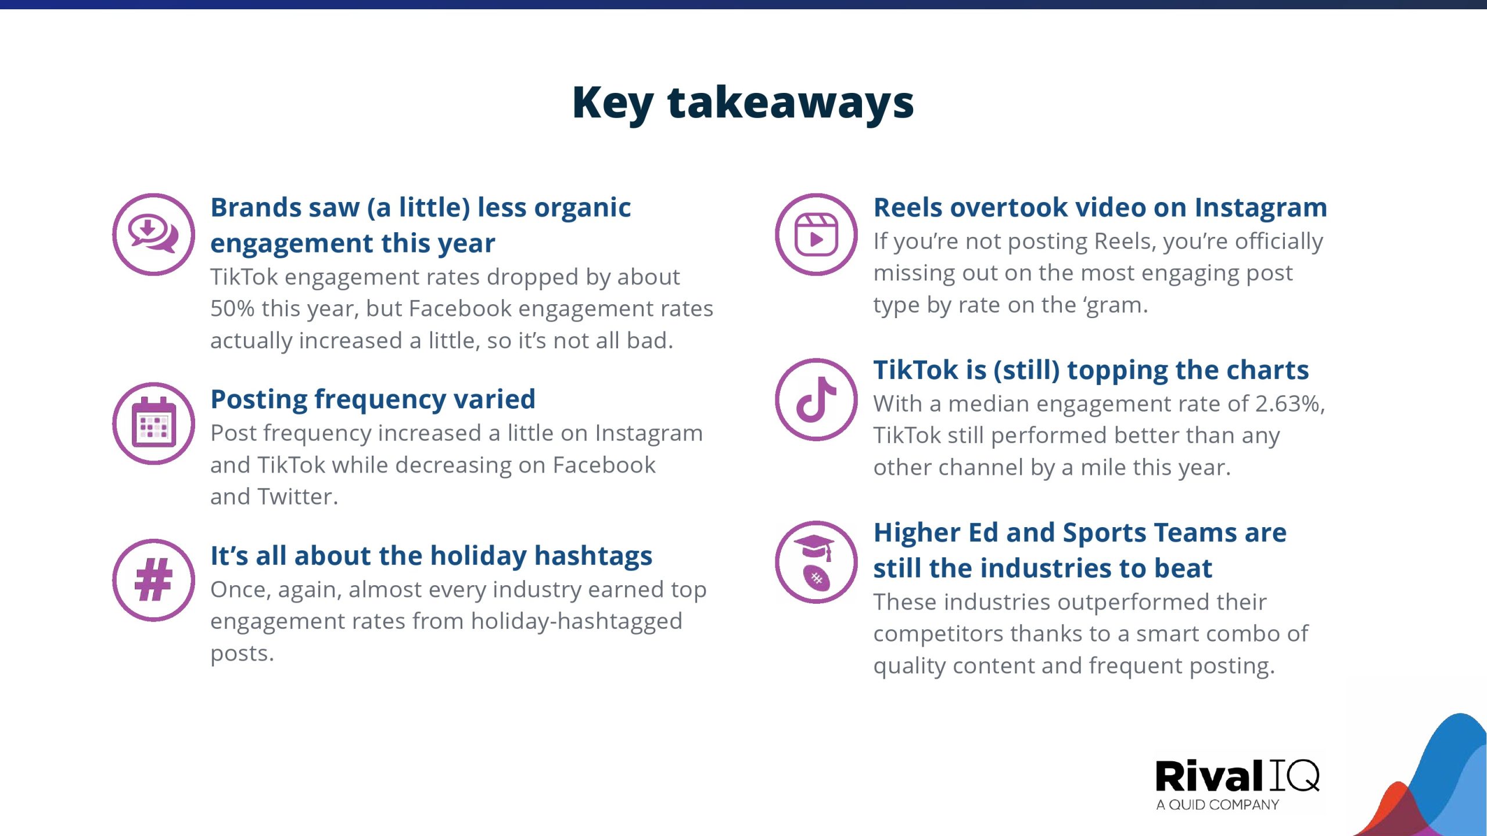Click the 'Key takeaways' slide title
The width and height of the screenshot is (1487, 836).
click(743, 103)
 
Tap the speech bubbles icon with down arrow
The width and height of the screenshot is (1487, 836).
click(153, 234)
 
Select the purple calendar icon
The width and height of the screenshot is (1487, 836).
click(153, 423)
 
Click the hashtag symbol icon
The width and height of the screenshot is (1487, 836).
click(153, 580)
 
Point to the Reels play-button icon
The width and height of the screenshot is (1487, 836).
click(816, 234)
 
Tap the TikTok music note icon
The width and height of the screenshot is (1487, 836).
click(816, 399)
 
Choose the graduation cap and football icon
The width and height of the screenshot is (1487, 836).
click(816, 562)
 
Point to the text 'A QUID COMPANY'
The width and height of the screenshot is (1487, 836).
click(1217, 805)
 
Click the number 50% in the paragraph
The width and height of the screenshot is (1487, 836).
click(232, 308)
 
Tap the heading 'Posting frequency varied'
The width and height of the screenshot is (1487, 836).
click(373, 399)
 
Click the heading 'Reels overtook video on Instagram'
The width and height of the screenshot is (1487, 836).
click(1100, 208)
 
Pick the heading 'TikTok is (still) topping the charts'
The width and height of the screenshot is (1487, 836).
click(1091, 370)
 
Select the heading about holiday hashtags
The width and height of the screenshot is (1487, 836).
click(431, 556)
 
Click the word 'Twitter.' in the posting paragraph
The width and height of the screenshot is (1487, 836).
click(297, 496)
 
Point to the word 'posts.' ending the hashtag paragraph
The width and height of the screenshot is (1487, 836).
click(242, 654)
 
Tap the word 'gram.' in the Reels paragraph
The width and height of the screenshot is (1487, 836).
click(1115, 306)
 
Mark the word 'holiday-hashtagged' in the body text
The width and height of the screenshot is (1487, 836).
click(576, 622)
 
